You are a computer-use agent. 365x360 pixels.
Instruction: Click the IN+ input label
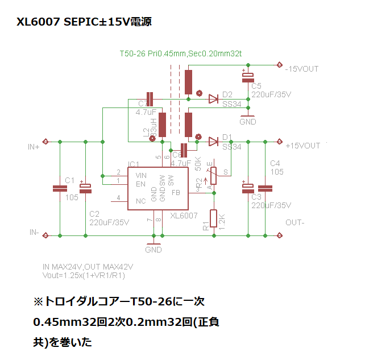(34, 146)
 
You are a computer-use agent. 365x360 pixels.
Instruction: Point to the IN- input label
(34, 233)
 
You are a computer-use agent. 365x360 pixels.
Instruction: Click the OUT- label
(295, 222)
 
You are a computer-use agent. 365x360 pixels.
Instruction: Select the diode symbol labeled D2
(213, 99)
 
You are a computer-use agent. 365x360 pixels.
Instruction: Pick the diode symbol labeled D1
(213, 142)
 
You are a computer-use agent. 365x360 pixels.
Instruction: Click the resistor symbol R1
(214, 219)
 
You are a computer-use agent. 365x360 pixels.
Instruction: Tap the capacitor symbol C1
(60, 189)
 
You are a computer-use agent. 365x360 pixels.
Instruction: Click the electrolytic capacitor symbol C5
(248, 77)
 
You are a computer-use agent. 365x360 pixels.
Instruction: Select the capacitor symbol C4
(265, 189)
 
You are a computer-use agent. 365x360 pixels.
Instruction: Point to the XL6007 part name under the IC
(184, 216)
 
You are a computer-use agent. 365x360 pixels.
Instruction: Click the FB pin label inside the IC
(176, 192)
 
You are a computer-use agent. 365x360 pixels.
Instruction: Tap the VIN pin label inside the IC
(141, 176)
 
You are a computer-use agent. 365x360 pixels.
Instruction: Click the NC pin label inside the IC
(141, 201)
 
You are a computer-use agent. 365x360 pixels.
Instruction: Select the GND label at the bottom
(154, 249)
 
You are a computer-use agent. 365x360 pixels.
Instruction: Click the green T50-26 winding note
(181, 54)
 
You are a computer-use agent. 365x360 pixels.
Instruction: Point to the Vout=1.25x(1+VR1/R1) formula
(84, 275)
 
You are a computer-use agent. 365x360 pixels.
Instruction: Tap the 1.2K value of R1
(222, 218)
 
